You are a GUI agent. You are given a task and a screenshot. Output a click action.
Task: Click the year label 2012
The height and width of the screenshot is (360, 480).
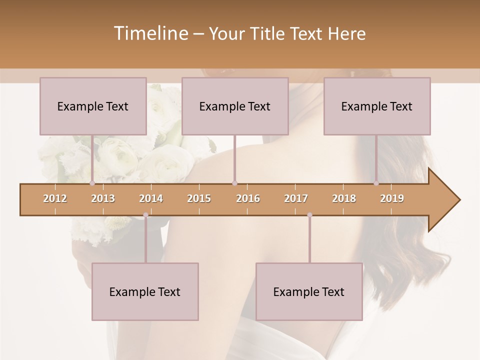[x=55, y=198]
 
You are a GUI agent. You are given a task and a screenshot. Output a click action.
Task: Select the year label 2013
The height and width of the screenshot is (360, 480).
[x=103, y=198]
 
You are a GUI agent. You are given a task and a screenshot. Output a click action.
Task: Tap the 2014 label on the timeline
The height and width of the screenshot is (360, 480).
[x=151, y=198]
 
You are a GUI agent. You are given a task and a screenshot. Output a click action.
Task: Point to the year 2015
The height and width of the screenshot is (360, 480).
[x=199, y=198]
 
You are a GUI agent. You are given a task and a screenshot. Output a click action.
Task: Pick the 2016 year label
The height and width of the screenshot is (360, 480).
[x=248, y=198]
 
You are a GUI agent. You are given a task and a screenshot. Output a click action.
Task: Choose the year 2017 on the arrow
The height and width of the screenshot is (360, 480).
[x=296, y=198]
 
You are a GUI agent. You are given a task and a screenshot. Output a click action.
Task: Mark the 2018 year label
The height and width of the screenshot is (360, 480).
[x=344, y=198]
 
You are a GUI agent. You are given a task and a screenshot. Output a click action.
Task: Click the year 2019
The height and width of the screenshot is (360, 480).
[x=392, y=198]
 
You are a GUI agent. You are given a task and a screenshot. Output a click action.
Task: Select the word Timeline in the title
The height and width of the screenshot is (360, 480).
[x=150, y=33]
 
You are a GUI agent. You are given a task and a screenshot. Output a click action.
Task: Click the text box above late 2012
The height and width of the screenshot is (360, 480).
[x=93, y=106]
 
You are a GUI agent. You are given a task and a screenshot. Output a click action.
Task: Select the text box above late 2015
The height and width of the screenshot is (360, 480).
[x=235, y=106]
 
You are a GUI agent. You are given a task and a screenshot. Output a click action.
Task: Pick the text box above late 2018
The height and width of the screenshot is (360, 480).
[x=377, y=106]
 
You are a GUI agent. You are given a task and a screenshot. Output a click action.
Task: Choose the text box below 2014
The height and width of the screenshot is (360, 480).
[x=145, y=291]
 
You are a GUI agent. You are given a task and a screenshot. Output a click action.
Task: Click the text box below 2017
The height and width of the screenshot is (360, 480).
[x=309, y=291]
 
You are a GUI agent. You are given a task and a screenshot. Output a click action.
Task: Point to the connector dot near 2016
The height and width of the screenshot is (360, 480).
[x=234, y=183]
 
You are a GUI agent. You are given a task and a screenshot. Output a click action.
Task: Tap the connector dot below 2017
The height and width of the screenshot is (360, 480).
[x=309, y=215]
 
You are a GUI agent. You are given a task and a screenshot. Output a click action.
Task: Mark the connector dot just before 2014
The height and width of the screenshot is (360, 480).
[x=145, y=215]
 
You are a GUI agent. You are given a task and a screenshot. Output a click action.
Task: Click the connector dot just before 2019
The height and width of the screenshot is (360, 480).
[x=376, y=183]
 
